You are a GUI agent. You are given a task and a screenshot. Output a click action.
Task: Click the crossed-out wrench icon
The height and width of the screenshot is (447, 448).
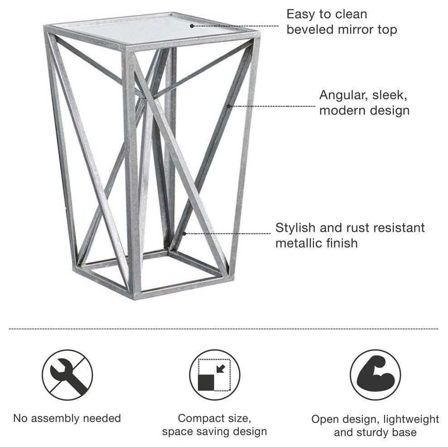67,375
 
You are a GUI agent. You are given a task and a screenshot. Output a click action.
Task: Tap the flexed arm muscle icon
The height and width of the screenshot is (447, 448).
375,375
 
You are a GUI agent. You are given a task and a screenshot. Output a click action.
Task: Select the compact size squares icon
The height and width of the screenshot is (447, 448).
215,375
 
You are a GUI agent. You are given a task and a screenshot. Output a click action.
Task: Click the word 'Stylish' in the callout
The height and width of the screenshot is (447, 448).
295,228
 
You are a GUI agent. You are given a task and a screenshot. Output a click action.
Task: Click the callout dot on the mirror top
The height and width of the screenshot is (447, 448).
192,26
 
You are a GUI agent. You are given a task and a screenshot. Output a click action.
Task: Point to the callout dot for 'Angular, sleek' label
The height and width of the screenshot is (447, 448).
229,106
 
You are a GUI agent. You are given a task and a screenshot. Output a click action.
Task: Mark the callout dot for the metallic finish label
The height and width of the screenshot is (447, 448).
184,234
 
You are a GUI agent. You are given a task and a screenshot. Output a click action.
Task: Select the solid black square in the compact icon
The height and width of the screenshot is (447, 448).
206,383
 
